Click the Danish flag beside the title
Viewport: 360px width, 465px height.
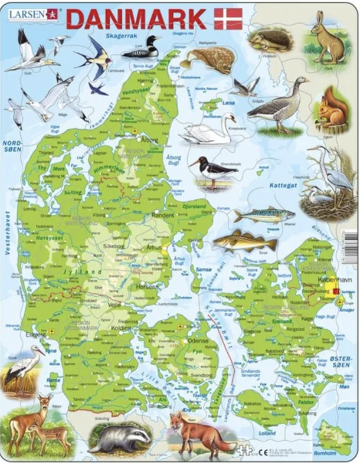pos(228,19)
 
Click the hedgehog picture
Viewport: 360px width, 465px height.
pos(270,40)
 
